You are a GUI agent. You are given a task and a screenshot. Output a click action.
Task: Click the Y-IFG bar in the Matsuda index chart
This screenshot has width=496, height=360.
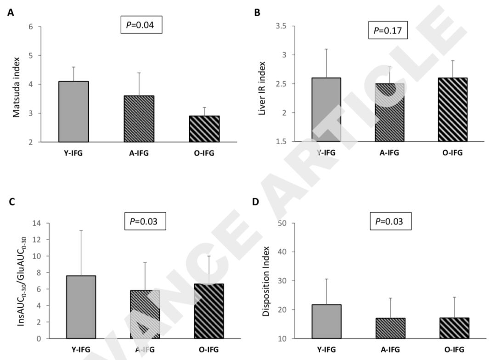[x=73, y=112]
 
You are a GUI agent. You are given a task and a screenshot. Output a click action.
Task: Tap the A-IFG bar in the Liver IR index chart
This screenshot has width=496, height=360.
[x=390, y=112]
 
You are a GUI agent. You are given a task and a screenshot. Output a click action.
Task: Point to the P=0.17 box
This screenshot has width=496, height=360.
[x=388, y=32]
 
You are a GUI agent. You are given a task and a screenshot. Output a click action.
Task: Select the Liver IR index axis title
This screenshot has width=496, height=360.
[x=263, y=87]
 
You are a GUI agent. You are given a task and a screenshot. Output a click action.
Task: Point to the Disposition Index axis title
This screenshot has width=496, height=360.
[x=265, y=281]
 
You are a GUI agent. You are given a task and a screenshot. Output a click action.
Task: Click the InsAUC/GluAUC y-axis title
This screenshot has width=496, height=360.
[x=21, y=281]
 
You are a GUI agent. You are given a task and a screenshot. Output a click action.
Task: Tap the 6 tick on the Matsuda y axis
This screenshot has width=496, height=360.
[x=31, y=27]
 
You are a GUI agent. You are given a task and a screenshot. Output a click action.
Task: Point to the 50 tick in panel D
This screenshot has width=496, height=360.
[x=283, y=224]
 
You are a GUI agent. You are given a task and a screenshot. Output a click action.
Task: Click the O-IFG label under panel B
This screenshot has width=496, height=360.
[x=452, y=153]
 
